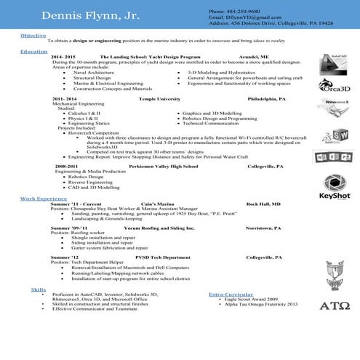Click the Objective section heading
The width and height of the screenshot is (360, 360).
click(33, 35)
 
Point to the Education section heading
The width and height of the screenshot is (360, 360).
click(34, 52)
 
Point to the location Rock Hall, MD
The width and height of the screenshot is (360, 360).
click(263, 204)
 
